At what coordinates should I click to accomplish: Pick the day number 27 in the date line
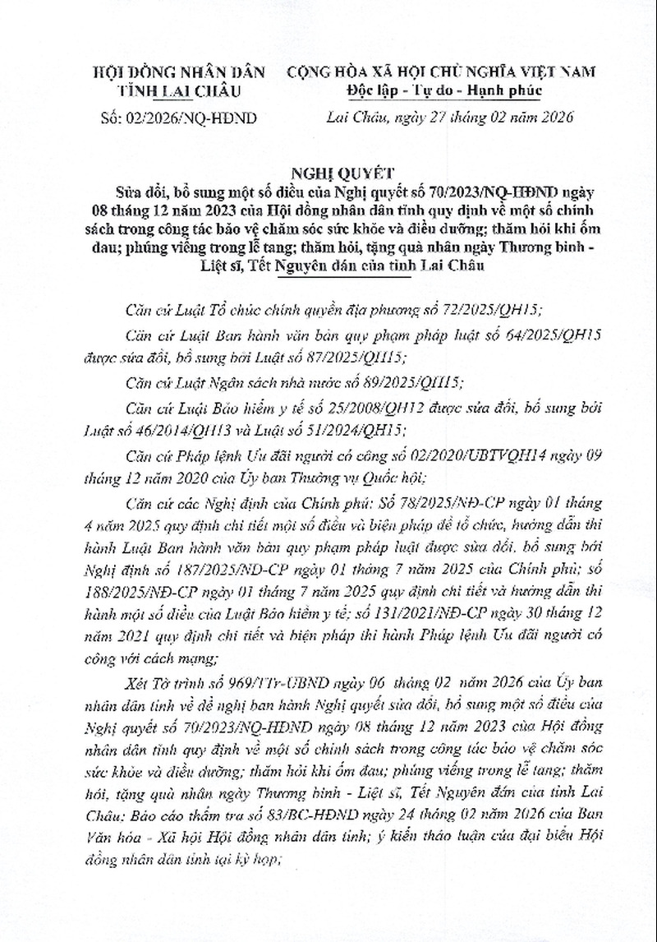coord(435,118)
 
